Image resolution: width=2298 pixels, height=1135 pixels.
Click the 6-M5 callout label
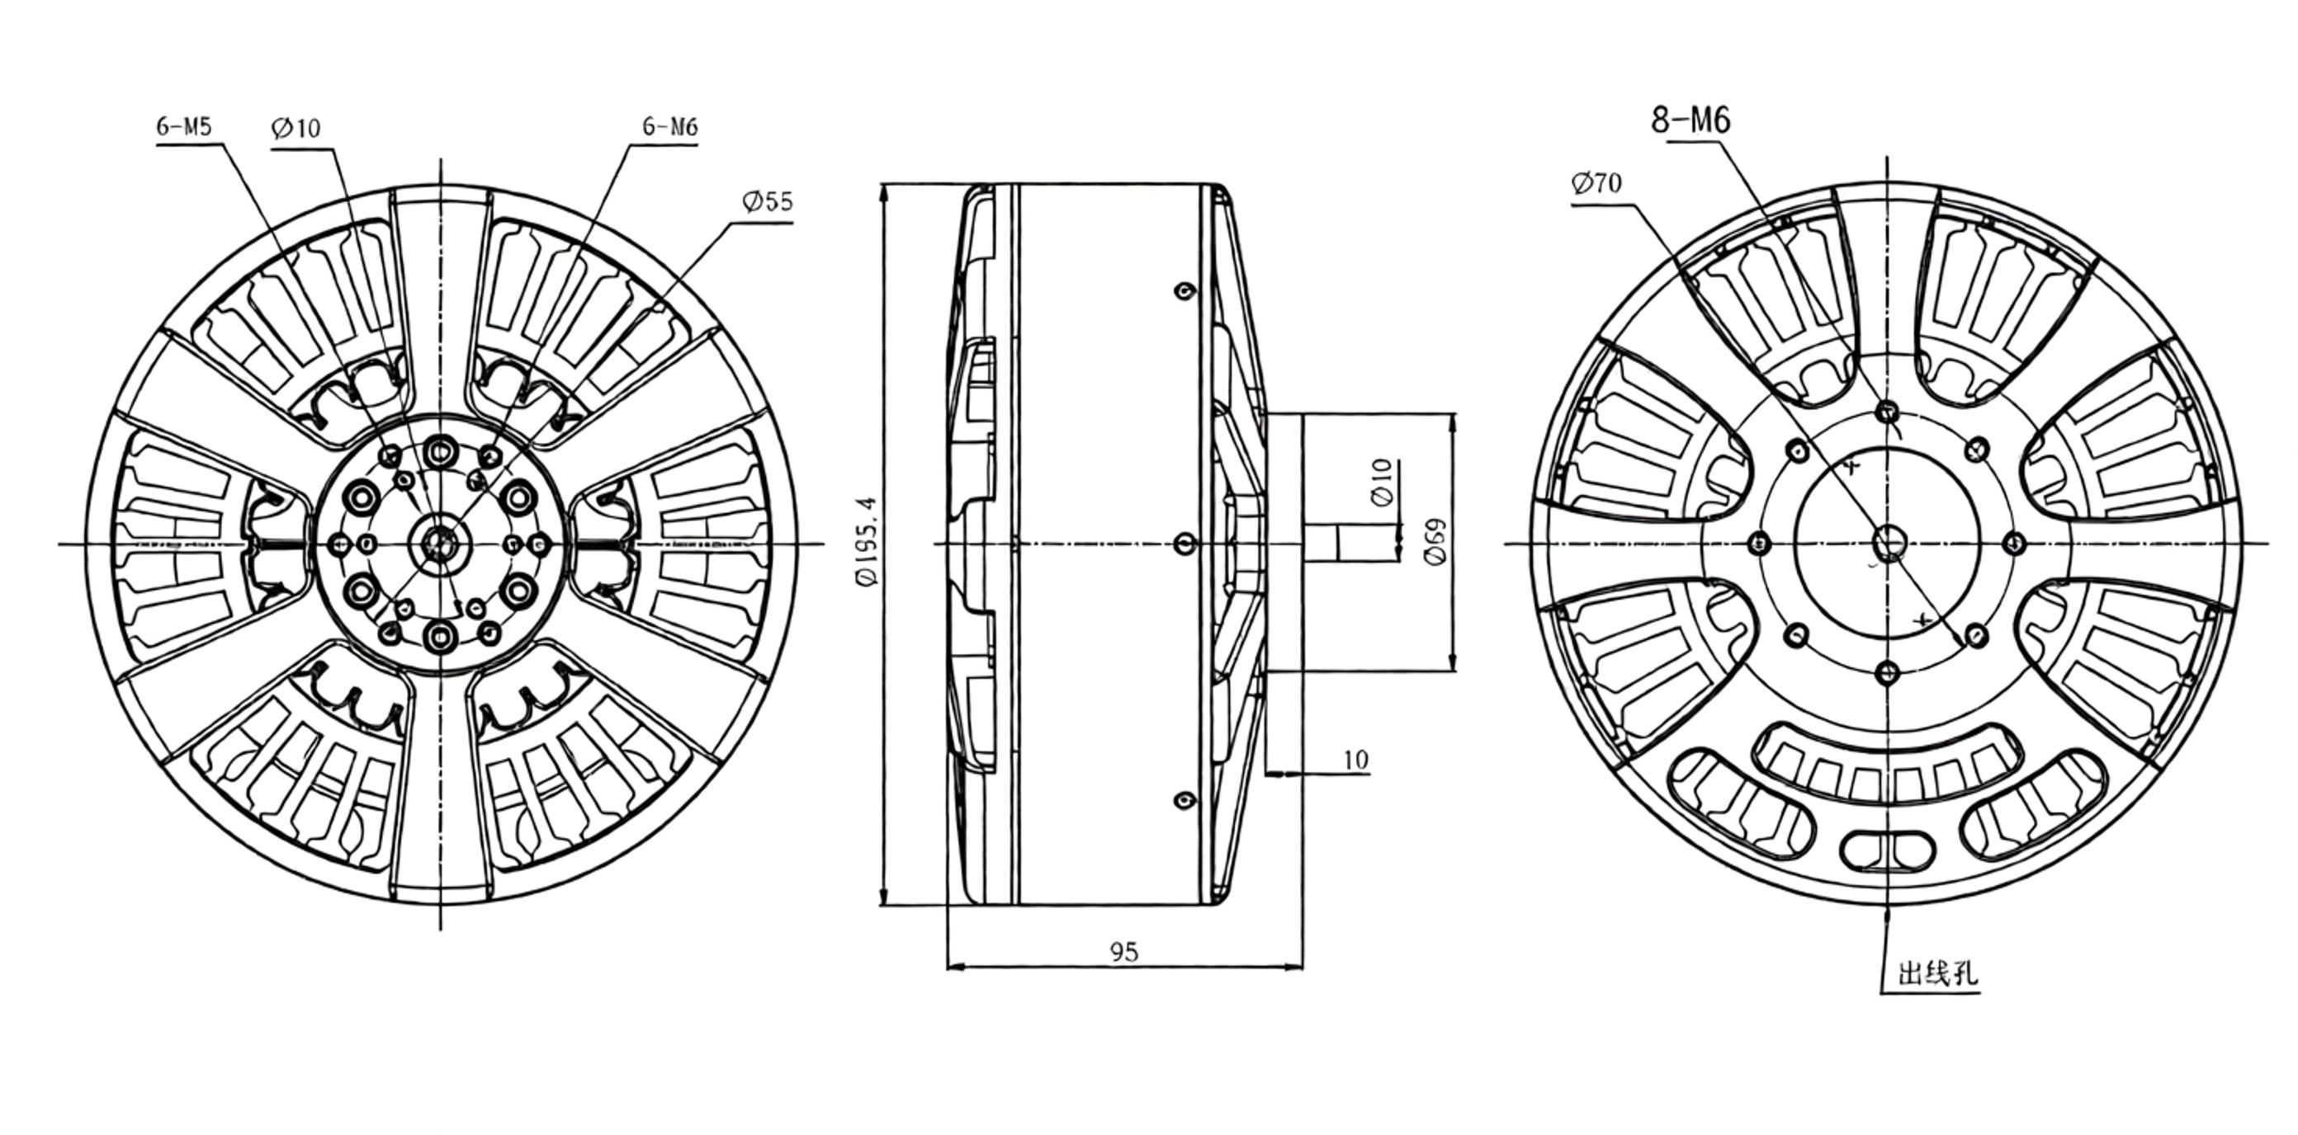(184, 126)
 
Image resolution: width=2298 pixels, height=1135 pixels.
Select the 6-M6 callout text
(670, 126)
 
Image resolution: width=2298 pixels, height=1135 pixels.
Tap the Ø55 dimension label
(767, 201)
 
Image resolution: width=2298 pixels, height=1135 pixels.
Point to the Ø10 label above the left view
(296, 129)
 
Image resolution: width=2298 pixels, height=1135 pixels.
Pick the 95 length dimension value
(1124, 952)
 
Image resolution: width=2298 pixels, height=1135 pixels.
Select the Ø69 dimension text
(1435, 542)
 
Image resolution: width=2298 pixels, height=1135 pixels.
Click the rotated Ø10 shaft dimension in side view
(1382, 483)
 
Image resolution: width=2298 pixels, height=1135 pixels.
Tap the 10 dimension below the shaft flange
(1355, 760)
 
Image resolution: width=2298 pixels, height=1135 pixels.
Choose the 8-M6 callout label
(1690, 120)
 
